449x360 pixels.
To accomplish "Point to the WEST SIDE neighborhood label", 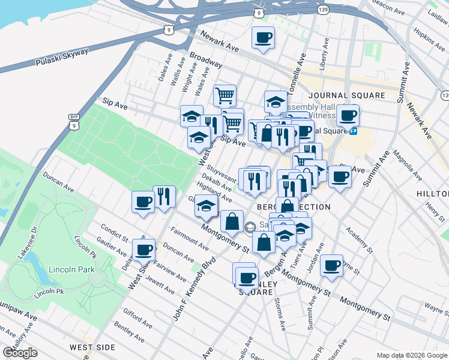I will [x=92, y=347].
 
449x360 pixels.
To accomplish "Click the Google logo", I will [x=20, y=353].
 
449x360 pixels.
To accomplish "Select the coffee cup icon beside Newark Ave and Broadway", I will [x=263, y=38].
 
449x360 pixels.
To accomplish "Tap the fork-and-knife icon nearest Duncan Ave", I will [x=163, y=196].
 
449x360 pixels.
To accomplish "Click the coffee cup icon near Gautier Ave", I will [x=143, y=249].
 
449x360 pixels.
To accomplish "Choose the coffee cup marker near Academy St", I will [x=331, y=265].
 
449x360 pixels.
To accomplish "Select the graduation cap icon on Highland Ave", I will [x=206, y=206].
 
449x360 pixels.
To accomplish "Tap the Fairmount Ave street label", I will [x=190, y=239].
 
